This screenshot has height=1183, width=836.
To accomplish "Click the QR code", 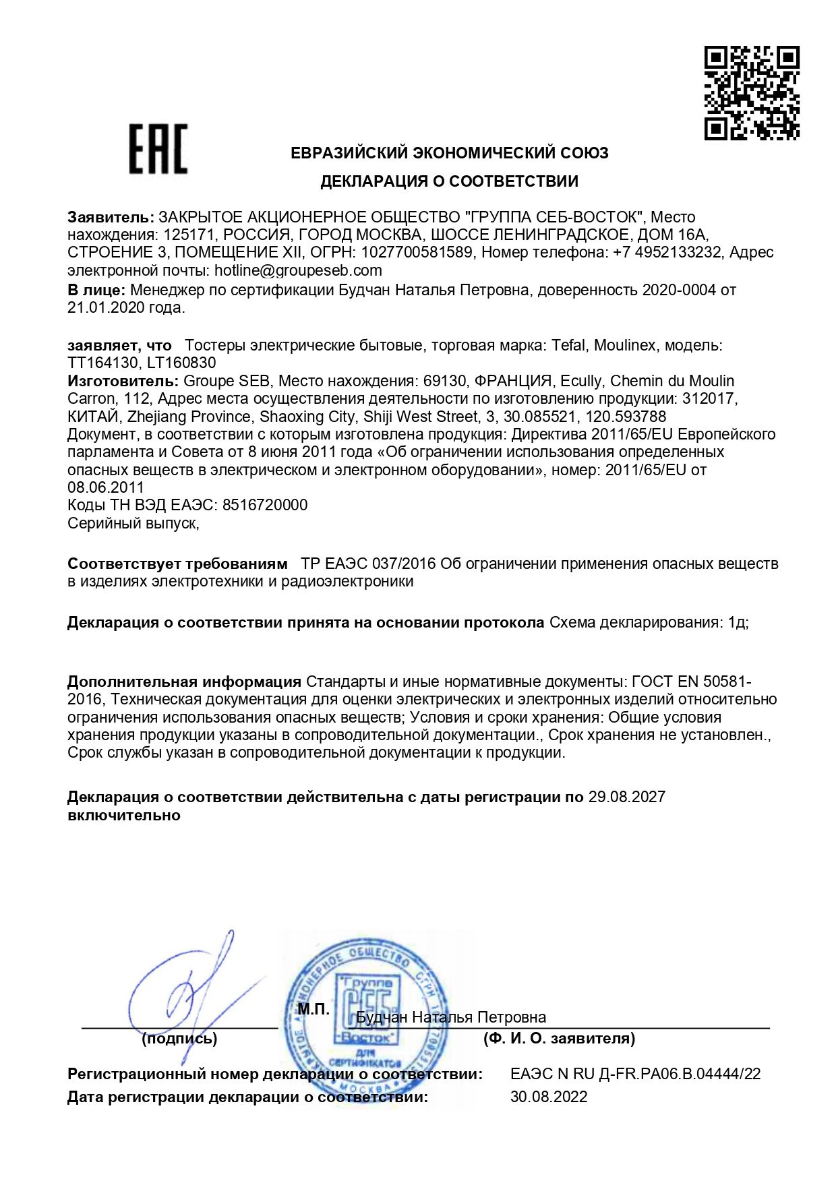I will point(752,92).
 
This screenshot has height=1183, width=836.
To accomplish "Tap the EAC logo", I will point(158,149).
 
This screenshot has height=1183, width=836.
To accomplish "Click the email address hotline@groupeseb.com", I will point(298,270).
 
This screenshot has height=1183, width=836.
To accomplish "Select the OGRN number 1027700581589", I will point(417,252).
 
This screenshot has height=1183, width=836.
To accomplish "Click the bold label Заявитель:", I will point(111,217).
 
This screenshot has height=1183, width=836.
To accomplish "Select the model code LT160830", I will point(181,363).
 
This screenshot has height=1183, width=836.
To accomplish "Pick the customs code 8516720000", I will point(265,505).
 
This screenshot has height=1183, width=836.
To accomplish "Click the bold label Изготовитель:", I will point(123,381).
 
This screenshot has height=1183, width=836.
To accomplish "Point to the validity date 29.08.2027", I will point(626,797).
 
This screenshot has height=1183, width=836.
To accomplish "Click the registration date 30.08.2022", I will point(549,1097).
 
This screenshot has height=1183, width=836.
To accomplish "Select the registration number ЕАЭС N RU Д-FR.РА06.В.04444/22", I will point(635,1074).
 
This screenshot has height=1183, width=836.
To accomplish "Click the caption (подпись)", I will point(179,1039).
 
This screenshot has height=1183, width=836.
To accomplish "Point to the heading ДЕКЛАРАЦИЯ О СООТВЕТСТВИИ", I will point(449,181).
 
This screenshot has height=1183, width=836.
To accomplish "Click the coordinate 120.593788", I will point(626,417).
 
